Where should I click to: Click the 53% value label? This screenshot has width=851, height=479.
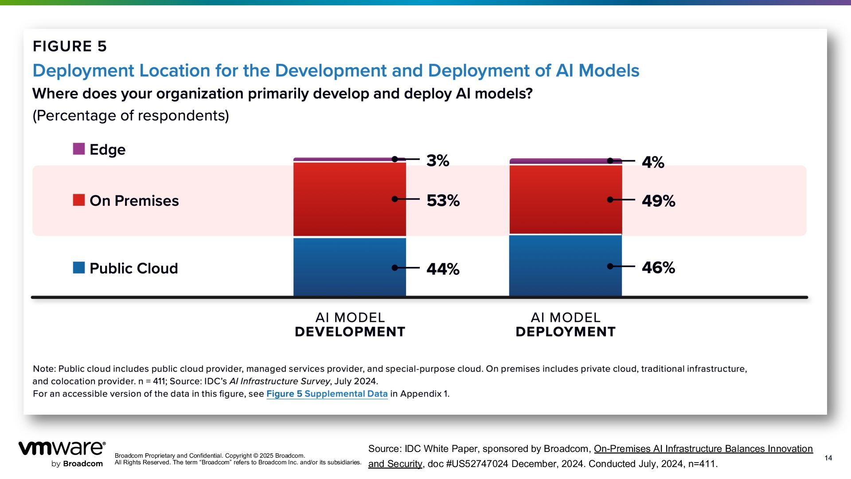(x=443, y=200)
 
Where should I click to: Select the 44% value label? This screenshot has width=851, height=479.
(x=443, y=269)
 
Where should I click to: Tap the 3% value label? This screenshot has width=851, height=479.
(x=438, y=161)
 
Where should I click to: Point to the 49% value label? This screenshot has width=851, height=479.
(x=658, y=201)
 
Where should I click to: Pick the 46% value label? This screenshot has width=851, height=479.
(x=658, y=267)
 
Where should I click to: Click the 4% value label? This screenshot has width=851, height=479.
(x=653, y=162)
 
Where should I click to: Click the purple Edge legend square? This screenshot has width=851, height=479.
(x=79, y=149)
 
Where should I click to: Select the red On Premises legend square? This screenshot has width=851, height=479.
(x=79, y=200)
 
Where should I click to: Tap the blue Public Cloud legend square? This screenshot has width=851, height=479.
(x=79, y=268)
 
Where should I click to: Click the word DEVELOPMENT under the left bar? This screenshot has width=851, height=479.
(x=350, y=332)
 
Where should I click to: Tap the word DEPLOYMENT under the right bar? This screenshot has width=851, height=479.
(x=566, y=332)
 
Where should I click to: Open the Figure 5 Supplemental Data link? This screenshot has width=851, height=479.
(x=327, y=394)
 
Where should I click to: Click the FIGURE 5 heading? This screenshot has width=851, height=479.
(x=70, y=46)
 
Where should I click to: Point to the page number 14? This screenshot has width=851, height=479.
(x=828, y=458)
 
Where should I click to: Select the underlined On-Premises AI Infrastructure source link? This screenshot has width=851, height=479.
(x=703, y=449)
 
